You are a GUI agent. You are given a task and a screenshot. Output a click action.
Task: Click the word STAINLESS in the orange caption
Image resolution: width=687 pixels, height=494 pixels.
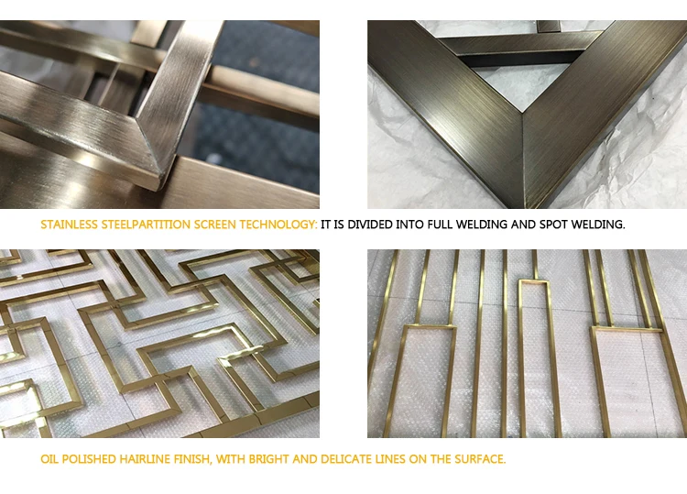69,225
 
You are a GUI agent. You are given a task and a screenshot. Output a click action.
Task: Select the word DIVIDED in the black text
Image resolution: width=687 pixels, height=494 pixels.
370,225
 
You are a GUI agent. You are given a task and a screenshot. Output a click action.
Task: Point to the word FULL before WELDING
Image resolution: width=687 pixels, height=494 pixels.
440,225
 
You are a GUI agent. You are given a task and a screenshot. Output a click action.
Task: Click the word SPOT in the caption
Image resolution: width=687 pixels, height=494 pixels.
553,225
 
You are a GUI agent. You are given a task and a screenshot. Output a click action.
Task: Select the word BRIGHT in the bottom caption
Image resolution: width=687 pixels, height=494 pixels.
268,459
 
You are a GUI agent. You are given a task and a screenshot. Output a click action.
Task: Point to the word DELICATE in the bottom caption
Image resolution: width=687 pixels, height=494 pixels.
346,459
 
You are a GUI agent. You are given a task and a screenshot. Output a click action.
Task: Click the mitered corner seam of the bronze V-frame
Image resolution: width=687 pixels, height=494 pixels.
523,158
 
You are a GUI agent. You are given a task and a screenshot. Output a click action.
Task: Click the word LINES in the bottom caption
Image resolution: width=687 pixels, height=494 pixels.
390,459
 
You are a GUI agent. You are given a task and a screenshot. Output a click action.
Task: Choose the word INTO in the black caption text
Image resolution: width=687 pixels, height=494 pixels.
409,225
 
